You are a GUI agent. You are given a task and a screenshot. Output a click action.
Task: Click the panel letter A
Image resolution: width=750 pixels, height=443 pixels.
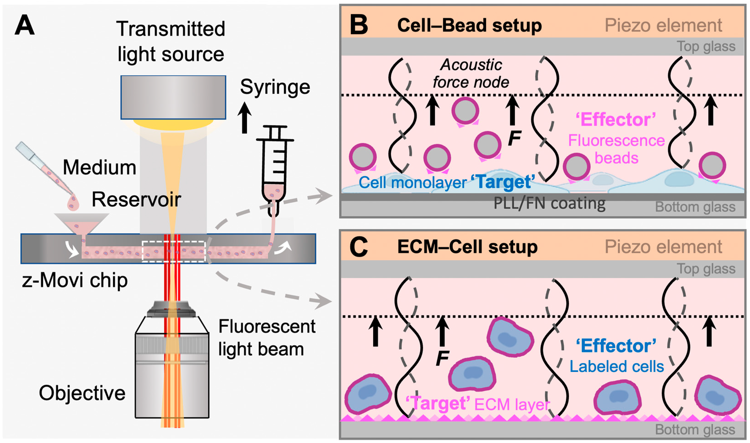pyautogui.click(x=24, y=26)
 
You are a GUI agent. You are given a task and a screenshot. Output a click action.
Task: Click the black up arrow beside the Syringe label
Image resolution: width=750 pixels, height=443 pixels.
pyautogui.click(x=244, y=118)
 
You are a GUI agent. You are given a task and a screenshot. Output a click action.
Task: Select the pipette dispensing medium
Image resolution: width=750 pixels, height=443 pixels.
pyautogui.click(x=45, y=170)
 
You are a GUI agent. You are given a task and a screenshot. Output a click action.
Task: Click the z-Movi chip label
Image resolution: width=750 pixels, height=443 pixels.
pyautogui.click(x=75, y=281)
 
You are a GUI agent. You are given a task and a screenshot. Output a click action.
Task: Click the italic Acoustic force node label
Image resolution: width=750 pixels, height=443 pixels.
pyautogui.click(x=471, y=73)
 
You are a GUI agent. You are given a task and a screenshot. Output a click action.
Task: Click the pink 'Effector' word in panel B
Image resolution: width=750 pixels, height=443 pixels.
pyautogui.click(x=616, y=120)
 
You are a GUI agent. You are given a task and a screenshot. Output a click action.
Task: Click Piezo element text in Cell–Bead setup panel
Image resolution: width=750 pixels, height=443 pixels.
pyautogui.click(x=663, y=25)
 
